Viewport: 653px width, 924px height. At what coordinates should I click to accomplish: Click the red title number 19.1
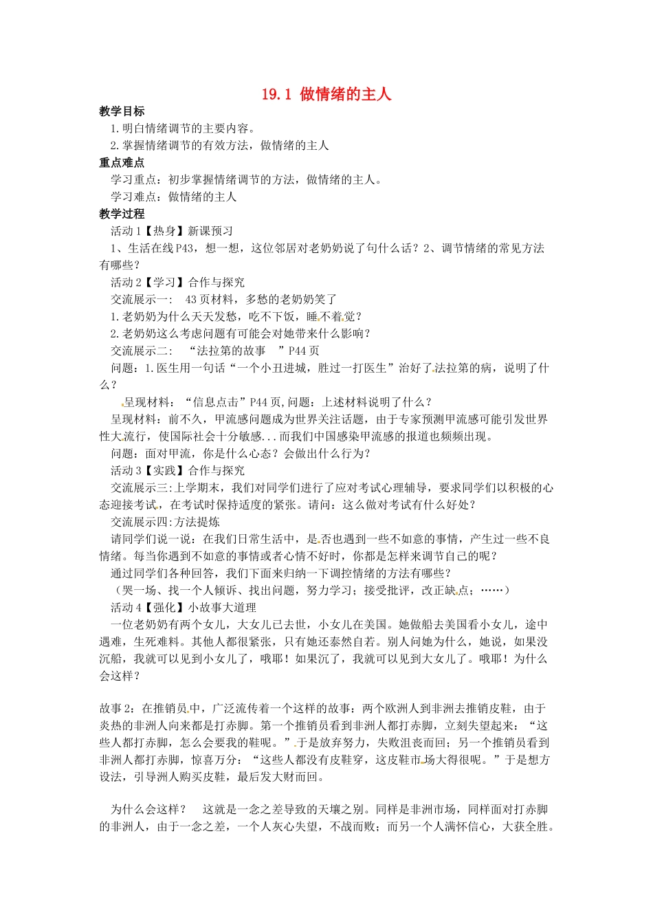coord(276,94)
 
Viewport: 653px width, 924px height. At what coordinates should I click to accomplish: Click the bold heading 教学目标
coord(122,111)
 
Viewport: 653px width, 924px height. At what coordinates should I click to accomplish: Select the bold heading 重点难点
coord(122,163)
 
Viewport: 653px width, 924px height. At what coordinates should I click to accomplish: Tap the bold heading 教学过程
coord(122,214)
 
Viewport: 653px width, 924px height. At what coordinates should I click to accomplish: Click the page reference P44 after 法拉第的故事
coord(304,351)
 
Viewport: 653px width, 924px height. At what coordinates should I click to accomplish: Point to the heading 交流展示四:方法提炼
coord(165,522)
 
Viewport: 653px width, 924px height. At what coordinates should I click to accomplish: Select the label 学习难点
coord(134,197)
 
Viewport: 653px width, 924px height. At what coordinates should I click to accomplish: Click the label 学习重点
coord(134,180)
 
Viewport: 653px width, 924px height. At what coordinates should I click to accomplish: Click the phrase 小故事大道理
coord(222,608)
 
